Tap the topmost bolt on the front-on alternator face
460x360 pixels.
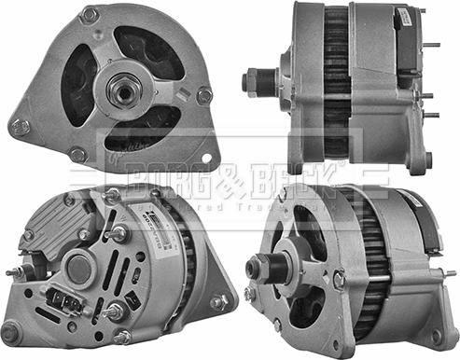(90, 15)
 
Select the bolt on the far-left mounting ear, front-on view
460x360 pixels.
(19, 127)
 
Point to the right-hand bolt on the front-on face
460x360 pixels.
(204, 95)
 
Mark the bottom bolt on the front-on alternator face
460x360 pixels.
(78, 154)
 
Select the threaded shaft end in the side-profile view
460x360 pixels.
(249, 82)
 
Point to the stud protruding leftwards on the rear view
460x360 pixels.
(13, 273)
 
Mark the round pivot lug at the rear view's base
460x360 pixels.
(12, 332)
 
